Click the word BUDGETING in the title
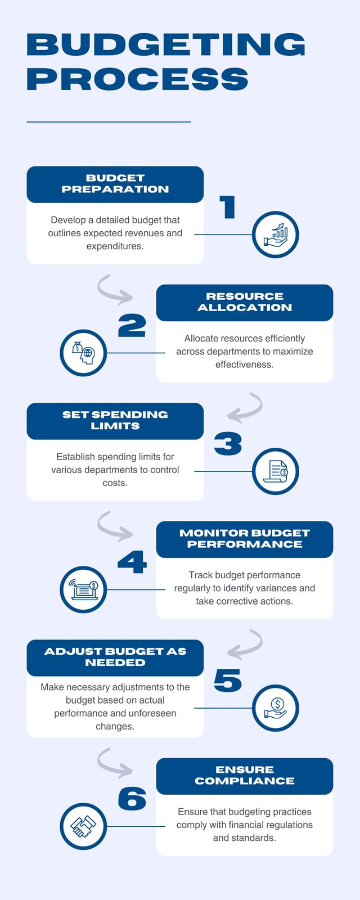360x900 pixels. pos(166,44)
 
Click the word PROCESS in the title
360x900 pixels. pos(137,79)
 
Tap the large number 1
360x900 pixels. pos(228,208)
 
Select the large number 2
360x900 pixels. pos(132,326)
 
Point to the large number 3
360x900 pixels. pos(228,444)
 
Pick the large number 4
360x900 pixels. pos(132,562)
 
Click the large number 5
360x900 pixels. pos(228,681)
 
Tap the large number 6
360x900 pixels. pos(132,799)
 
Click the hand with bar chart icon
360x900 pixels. pos(276,235)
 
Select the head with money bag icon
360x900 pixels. pos(83,353)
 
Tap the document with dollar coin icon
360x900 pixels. pos(276,471)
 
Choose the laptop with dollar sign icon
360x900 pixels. pos(83,589)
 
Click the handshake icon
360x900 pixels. pos(83,826)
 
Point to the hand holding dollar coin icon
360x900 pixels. pos(276,708)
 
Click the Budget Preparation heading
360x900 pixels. pos(115,183)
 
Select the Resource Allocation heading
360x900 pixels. pos(245,302)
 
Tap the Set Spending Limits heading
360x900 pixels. pos(115,420)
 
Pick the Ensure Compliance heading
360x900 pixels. pos(245,776)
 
